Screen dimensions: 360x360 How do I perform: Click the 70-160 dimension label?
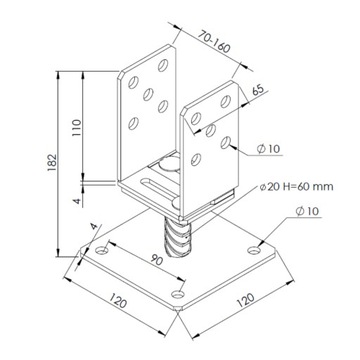coord(214,41)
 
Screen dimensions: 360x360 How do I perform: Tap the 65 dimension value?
coord(258,90)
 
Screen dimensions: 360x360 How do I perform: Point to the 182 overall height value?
coord(52,162)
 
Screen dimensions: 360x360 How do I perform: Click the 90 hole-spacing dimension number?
coord(156,259)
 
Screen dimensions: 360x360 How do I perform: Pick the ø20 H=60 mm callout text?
coord(296,186)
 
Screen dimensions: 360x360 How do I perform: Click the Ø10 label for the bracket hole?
coord(269,149)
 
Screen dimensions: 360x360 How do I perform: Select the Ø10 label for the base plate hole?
coord(307,211)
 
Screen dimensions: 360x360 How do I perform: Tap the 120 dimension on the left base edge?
coord(117,299)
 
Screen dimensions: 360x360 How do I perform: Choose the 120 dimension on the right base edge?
coord(246,300)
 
